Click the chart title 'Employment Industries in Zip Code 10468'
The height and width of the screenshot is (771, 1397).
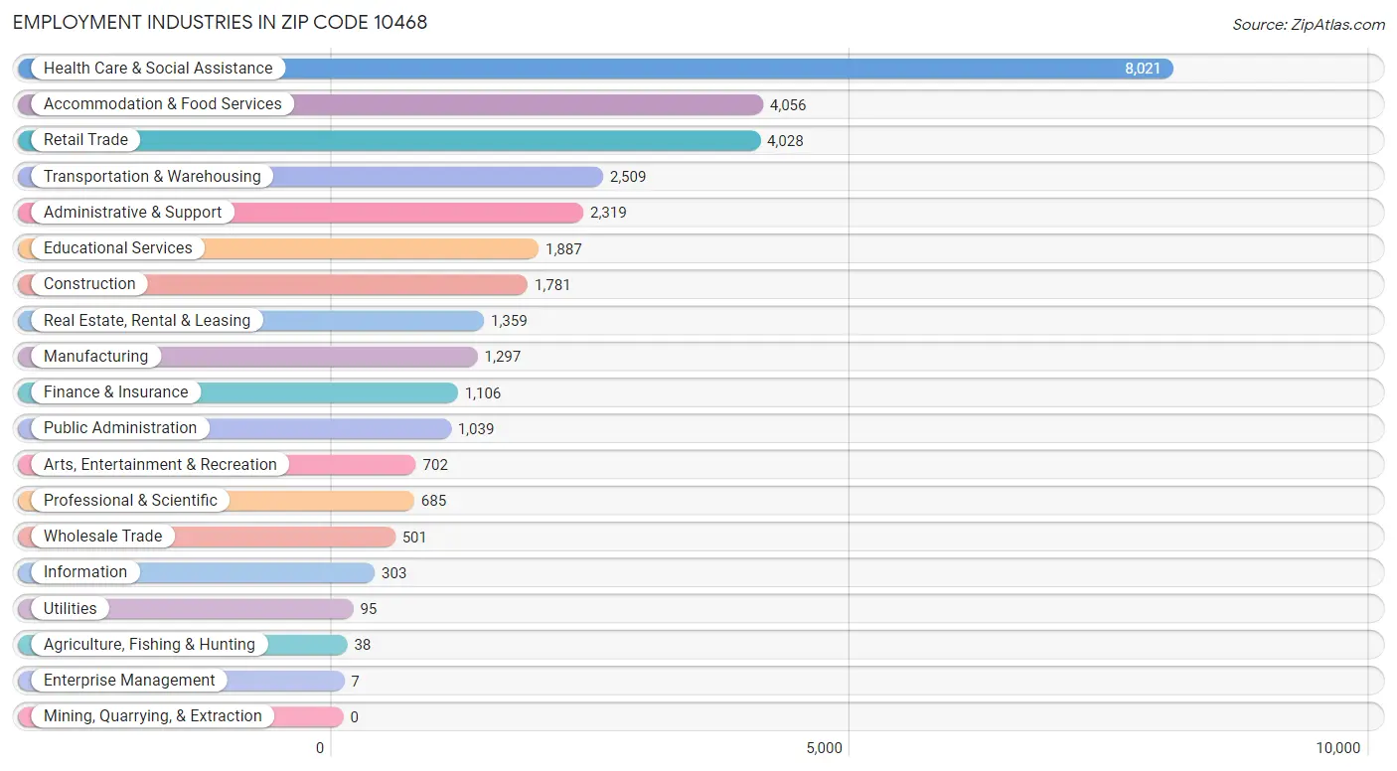click(221, 23)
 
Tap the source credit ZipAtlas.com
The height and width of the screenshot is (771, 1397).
click(1308, 24)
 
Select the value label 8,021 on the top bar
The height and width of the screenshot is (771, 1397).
click(1142, 69)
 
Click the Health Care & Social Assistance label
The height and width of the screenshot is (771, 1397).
click(158, 68)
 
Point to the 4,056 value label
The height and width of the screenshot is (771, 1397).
click(788, 104)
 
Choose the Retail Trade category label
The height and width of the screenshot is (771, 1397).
click(85, 140)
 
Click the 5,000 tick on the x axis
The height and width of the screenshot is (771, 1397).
click(824, 748)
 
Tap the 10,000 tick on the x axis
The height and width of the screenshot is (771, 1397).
click(1337, 748)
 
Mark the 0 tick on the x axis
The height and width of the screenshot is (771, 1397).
click(320, 748)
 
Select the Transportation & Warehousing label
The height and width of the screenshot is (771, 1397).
click(152, 177)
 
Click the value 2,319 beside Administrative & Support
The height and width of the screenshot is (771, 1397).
click(608, 213)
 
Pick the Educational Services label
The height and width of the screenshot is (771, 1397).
click(118, 248)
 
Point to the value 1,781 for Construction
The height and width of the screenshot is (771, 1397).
click(551, 285)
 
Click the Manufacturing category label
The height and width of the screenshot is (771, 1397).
click(96, 356)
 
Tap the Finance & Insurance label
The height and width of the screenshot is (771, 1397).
click(116, 391)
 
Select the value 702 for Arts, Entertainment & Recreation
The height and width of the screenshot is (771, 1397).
click(435, 465)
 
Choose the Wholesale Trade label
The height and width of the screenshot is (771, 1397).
click(103, 536)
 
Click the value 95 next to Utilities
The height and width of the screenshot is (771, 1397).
click(369, 609)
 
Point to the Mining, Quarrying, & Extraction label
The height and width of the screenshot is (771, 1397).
click(153, 716)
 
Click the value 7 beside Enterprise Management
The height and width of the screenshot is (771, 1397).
click(355, 682)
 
